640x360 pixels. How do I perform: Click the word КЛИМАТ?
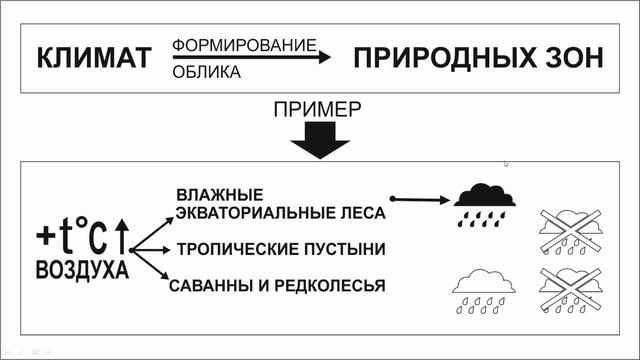tap(92, 59)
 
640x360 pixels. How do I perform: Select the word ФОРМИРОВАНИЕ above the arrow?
tap(244, 45)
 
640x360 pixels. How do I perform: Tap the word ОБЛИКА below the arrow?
tap(206, 72)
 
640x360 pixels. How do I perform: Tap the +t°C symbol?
tap(72, 238)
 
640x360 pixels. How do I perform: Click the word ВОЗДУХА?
tap(82, 270)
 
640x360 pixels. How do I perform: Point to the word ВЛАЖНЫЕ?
tap(219, 193)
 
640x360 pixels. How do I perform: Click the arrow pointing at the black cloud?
tap(420, 200)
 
